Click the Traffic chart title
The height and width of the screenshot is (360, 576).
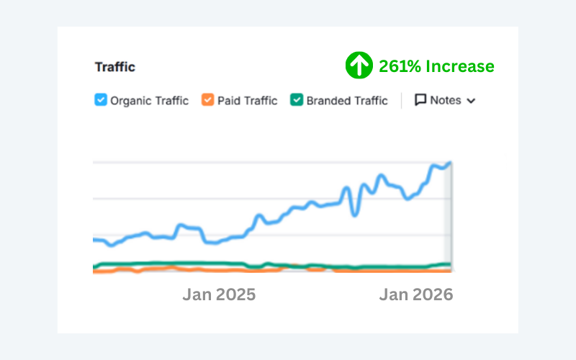pyautogui.click(x=115, y=68)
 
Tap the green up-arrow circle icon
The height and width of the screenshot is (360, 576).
pyautogui.click(x=358, y=66)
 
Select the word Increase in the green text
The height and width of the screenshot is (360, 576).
pyautogui.click(x=459, y=67)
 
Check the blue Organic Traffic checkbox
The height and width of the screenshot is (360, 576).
pyautogui.click(x=101, y=100)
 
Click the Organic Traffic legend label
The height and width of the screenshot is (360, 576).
pyautogui.click(x=149, y=101)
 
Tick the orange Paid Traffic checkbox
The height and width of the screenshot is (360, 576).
pyautogui.click(x=207, y=100)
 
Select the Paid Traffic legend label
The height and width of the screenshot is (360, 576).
pyautogui.click(x=248, y=101)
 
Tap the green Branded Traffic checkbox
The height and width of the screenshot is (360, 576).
pyautogui.click(x=296, y=100)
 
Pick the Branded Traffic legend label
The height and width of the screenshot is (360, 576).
pyautogui.click(x=347, y=101)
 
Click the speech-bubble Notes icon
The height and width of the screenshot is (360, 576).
pyautogui.click(x=420, y=100)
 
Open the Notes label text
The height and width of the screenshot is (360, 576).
pyautogui.click(x=445, y=100)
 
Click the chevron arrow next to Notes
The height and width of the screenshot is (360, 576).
pyautogui.click(x=471, y=101)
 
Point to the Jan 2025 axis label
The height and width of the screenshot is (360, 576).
pyautogui.click(x=219, y=294)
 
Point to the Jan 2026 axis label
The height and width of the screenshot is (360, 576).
pyautogui.click(x=416, y=294)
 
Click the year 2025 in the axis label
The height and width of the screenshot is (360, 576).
pyautogui.click(x=235, y=294)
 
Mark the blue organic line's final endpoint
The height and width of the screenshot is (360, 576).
pyautogui.click(x=450, y=163)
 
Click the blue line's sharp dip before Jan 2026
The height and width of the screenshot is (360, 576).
pyautogui.click(x=354, y=214)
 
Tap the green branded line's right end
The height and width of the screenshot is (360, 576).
pyautogui.click(x=450, y=264)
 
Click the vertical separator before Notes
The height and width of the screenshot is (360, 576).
pyautogui.click(x=401, y=100)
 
